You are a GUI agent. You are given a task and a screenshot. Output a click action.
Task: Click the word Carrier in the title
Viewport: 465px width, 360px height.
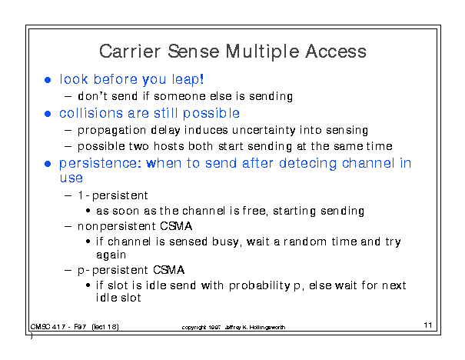[x=130, y=51]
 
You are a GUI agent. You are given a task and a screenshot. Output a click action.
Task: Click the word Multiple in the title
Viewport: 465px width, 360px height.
[x=262, y=52]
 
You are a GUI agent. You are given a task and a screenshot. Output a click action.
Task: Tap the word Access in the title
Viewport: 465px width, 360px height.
[x=336, y=51]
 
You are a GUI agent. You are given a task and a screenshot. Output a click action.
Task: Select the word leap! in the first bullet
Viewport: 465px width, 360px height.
[x=188, y=79]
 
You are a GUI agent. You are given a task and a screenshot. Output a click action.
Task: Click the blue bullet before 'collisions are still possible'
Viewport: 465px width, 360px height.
[x=48, y=114]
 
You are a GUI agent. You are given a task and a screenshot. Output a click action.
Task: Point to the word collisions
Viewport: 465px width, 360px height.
[x=91, y=113]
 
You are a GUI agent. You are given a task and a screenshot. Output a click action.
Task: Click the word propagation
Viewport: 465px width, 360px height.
[x=111, y=131]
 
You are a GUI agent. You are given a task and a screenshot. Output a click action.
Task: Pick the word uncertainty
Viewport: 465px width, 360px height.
[x=264, y=130]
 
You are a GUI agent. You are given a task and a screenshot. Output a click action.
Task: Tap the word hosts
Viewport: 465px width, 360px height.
[x=168, y=146]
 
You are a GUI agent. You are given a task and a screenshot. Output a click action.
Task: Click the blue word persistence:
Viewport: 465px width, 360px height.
[x=100, y=164]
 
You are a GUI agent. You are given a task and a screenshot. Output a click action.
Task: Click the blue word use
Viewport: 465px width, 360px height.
[x=71, y=178]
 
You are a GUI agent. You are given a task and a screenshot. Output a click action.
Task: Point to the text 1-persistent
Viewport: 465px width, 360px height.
[x=113, y=195]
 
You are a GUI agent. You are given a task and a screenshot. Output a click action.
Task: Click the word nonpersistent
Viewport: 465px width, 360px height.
[x=117, y=226]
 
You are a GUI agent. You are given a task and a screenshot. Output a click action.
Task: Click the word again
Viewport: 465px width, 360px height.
[x=111, y=255]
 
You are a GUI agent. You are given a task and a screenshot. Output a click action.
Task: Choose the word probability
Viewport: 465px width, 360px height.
[x=260, y=285]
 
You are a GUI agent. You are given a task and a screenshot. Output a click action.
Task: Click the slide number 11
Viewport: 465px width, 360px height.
[x=427, y=325]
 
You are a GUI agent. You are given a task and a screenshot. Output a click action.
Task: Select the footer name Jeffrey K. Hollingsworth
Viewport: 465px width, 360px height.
[x=255, y=328]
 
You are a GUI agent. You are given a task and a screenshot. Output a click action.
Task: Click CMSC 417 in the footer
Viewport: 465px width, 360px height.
[x=48, y=327]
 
